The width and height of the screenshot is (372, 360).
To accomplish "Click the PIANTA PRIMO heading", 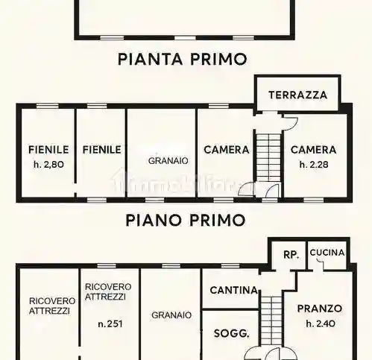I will pyautogui.click(x=183, y=60).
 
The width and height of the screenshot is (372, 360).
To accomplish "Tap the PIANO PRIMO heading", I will pyautogui.click(x=185, y=219).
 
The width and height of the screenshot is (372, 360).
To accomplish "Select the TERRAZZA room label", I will pyautogui.click(x=298, y=95).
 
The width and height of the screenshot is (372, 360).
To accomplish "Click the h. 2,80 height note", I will pyautogui.click(x=49, y=164).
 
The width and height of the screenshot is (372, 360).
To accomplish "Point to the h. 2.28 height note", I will pyautogui.click(x=314, y=164).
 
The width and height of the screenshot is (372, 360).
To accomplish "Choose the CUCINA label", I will pyautogui.click(x=328, y=253).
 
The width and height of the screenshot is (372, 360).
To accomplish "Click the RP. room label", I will pyautogui.click(x=290, y=255).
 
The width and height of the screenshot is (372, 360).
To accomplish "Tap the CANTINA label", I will pyautogui.click(x=233, y=290).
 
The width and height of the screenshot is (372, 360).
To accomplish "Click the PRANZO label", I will pyautogui.click(x=319, y=309).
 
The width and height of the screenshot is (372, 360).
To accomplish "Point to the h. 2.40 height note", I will pyautogui.click(x=320, y=323).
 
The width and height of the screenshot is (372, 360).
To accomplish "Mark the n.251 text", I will pyautogui.click(x=110, y=323).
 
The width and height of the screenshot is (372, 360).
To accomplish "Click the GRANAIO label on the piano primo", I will pyautogui.click(x=168, y=160).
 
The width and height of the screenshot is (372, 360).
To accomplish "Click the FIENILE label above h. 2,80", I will pyautogui.click(x=49, y=149).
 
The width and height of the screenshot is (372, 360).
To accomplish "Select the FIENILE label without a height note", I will pyautogui.click(x=101, y=149).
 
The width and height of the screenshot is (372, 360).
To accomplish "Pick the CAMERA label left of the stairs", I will pyautogui.click(x=226, y=149).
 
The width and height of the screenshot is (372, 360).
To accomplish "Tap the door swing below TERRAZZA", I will pyautogui.click(x=290, y=122).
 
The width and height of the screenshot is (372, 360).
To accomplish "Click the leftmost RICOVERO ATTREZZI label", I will pyautogui.click(x=49, y=306).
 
